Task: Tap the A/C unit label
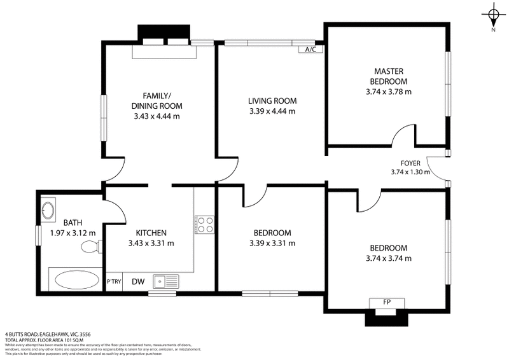click(310, 49)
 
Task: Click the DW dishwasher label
click(137, 281)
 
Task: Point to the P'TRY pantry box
click(114, 282)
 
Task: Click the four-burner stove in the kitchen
click(204, 224)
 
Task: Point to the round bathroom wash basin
click(48, 210)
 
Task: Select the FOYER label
click(410, 162)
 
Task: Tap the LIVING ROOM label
click(272, 101)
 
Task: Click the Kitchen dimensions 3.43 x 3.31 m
click(151, 243)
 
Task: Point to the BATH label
click(72, 223)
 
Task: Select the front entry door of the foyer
click(438, 167)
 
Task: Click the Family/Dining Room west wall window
click(104, 118)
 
